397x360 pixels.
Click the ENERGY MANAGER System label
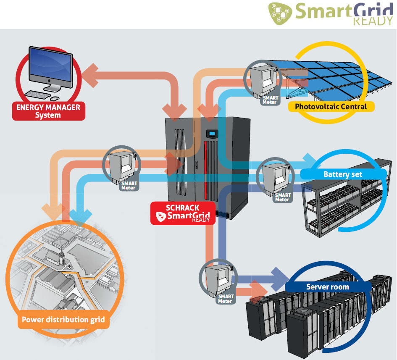(x=48, y=111)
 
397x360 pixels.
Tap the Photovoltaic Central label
(x=331, y=106)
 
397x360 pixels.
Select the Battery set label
(x=342, y=174)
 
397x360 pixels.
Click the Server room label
(x=327, y=287)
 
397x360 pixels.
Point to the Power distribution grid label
(x=63, y=320)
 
